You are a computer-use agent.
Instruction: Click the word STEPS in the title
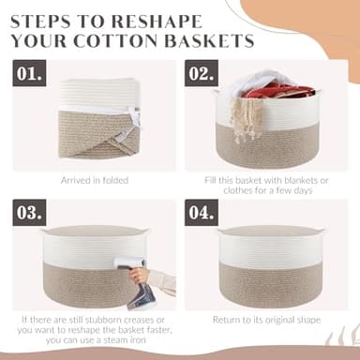click(x=52, y=19)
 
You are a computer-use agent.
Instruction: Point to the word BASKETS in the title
click(x=205, y=41)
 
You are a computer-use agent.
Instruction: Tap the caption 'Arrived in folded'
click(x=95, y=179)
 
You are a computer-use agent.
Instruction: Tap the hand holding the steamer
click(x=141, y=275)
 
